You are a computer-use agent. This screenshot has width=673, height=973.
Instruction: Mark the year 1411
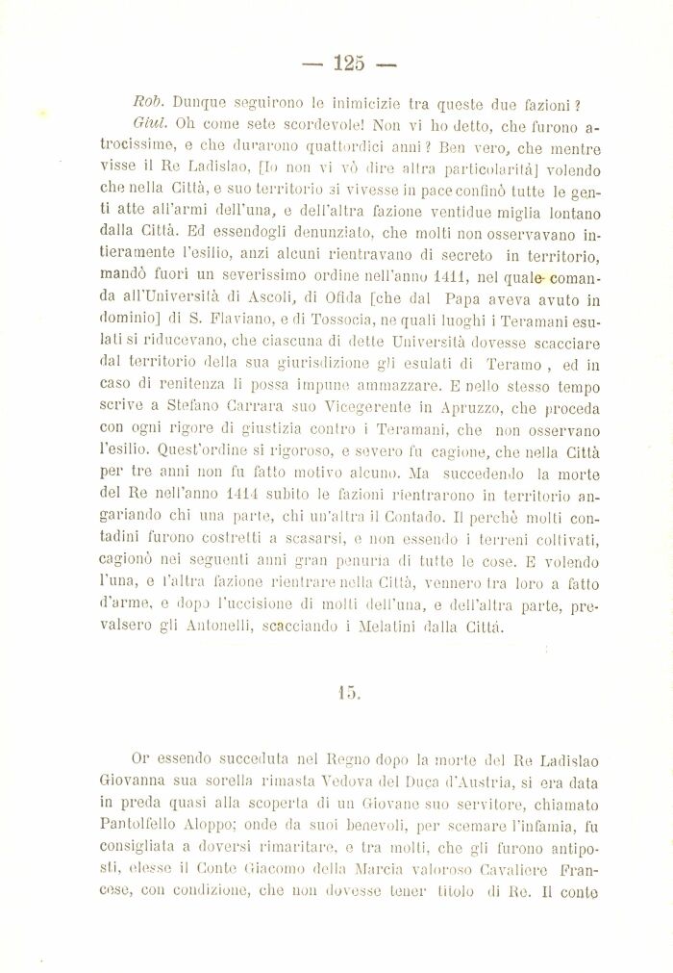(x=452, y=276)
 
